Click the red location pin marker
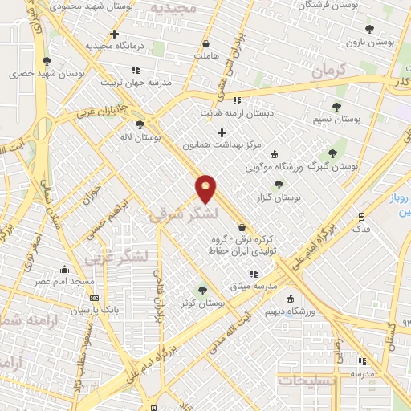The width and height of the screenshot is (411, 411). (206, 188)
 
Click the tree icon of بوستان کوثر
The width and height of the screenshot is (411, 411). (201, 291)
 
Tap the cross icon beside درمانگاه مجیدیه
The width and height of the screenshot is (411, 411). (116, 35)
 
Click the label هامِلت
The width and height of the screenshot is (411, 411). (206, 56)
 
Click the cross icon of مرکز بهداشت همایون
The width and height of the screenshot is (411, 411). (222, 132)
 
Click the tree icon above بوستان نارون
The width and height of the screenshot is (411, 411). (369, 29)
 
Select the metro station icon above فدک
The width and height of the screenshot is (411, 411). (362, 216)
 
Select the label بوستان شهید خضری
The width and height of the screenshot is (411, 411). (47, 73)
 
